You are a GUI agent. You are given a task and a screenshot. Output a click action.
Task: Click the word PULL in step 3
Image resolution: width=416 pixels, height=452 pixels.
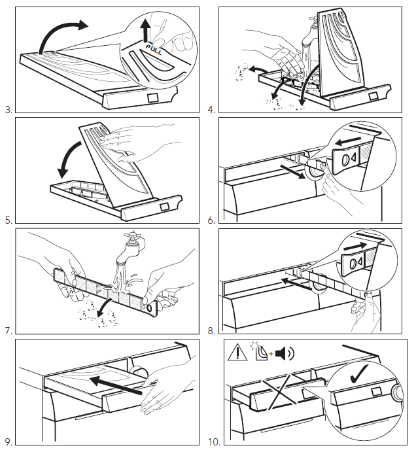click(154, 49)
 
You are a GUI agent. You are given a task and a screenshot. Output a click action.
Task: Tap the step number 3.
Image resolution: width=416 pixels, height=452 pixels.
click(9, 110)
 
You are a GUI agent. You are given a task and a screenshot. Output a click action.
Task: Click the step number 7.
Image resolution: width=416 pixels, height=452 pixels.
click(9, 331)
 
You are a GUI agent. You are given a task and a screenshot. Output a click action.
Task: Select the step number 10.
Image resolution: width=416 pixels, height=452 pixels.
click(214, 442)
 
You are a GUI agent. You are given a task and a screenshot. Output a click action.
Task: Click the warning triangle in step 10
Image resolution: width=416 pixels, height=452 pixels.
click(237, 353)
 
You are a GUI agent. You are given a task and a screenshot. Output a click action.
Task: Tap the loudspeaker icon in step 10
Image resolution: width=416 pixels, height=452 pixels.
click(285, 353)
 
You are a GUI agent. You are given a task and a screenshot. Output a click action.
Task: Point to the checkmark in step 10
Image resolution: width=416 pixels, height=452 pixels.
click(358, 374)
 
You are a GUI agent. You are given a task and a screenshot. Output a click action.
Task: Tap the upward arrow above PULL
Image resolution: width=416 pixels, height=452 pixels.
click(146, 30)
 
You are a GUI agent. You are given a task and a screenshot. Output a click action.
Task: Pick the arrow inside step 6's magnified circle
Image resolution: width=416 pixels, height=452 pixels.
click(351, 141)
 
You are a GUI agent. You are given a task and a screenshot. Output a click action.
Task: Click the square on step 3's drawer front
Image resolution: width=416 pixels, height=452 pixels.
click(153, 97)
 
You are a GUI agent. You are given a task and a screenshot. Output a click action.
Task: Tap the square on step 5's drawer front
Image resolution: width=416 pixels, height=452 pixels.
click(164, 207)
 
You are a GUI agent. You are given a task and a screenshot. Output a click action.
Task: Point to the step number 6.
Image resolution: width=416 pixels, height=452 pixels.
click(211, 220)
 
